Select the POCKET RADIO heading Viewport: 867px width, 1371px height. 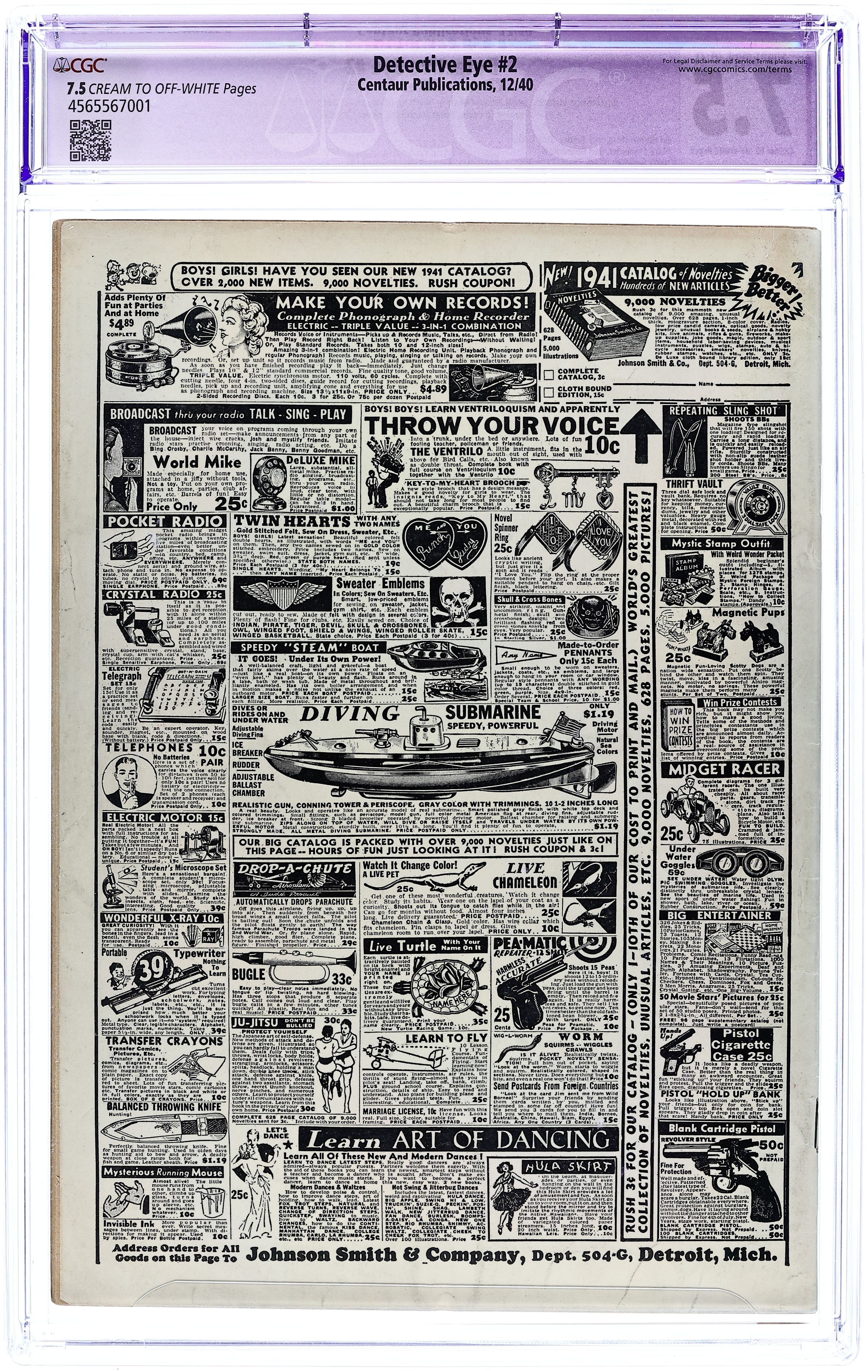click(165, 522)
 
